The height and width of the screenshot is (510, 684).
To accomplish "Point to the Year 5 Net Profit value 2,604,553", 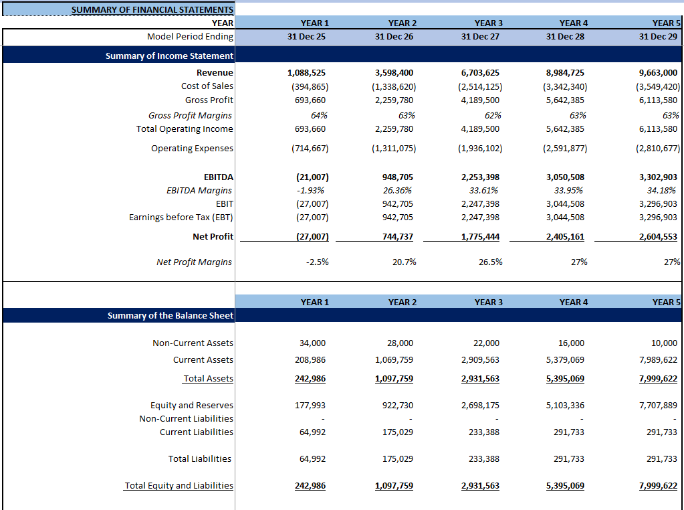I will [658, 237].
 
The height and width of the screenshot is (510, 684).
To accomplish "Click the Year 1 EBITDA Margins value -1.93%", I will [311, 191].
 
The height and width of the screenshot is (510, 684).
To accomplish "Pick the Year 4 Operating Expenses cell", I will [565, 149].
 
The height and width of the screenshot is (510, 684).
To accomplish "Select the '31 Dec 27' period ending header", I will [480, 37].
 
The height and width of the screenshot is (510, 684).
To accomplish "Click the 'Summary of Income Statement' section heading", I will [169, 56].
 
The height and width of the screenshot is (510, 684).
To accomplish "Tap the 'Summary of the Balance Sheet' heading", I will [170, 316].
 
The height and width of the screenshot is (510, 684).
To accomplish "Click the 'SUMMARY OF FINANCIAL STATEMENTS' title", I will [152, 10].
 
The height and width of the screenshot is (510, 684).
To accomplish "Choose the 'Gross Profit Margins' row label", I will [191, 116].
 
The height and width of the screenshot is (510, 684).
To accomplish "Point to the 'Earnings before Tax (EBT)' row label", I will [181, 218].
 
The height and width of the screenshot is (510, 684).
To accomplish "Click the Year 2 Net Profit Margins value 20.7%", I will [404, 262].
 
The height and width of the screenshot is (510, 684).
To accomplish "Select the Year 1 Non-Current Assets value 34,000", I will [312, 343].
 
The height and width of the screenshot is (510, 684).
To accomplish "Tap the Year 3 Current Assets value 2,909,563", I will [479, 360].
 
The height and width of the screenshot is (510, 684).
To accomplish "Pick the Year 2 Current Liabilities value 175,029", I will [398, 432].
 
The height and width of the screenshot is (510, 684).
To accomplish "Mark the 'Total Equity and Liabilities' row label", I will [179, 486].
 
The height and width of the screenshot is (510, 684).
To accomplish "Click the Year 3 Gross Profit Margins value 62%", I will [491, 116].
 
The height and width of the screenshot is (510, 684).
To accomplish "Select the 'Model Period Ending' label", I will [190, 37].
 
